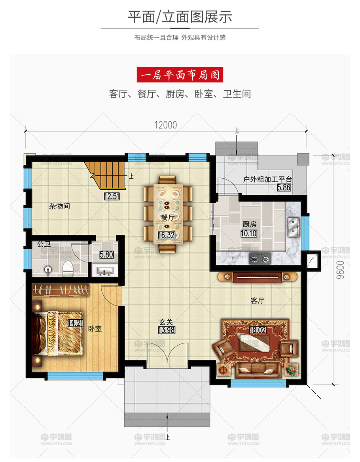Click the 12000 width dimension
(166, 125)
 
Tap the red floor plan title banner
(180, 75)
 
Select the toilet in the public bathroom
(68, 268)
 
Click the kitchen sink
(294, 227)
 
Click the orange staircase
(106, 175)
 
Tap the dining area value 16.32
(167, 235)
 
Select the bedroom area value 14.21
(76, 323)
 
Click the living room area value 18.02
(258, 330)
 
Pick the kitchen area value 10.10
(249, 234)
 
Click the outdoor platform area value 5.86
(284, 187)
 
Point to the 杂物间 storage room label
(60, 206)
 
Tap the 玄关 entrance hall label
(166, 322)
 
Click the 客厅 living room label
(258, 300)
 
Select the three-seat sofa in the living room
(257, 370)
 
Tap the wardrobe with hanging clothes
(61, 290)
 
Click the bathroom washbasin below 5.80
(105, 271)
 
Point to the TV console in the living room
(258, 277)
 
